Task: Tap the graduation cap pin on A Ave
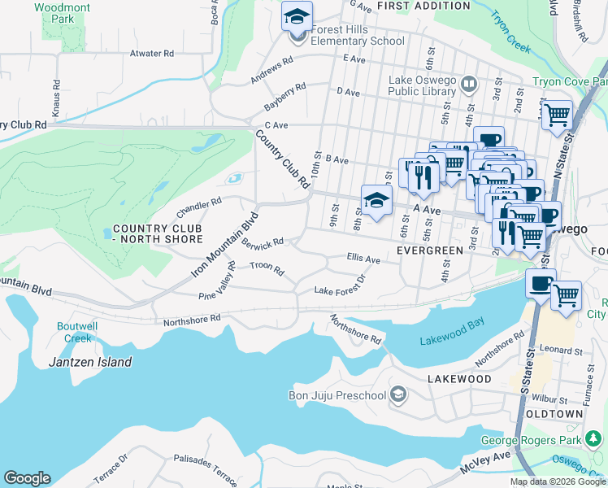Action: (376, 201)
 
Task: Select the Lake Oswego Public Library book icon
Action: (468, 84)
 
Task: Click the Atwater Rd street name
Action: (152, 54)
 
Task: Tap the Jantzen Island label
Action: (89, 362)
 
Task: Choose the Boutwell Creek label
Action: (80, 332)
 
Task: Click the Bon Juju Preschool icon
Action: (398, 395)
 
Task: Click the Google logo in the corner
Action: (27, 478)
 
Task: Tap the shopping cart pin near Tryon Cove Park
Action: (557, 115)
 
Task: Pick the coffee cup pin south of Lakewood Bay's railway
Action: (540, 285)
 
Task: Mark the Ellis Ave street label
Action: (363, 259)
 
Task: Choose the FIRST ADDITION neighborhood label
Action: (423, 6)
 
